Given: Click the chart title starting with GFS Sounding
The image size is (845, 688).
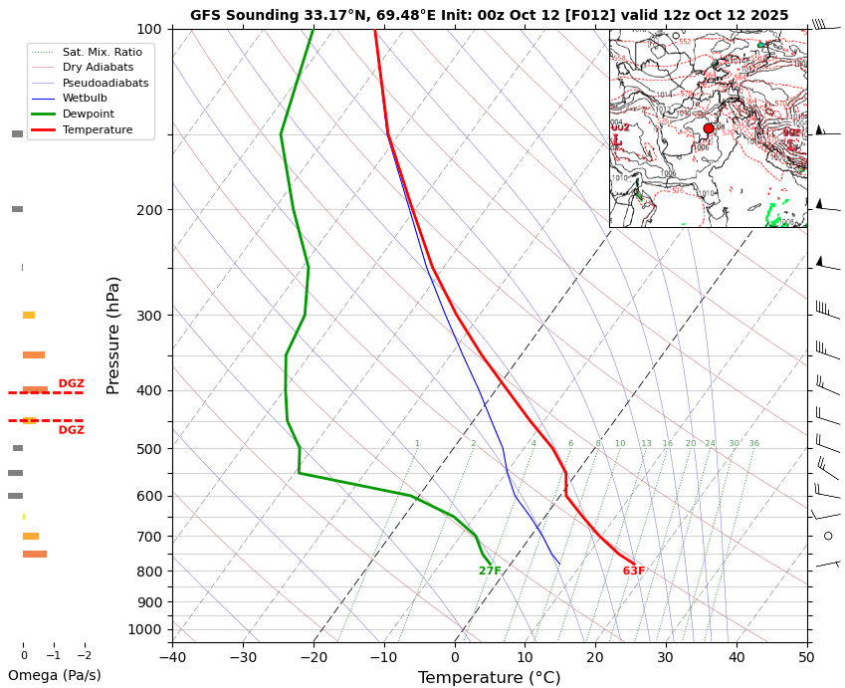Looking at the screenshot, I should pyautogui.click(x=489, y=15).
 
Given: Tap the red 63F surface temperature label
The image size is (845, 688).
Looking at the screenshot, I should pyautogui.click(x=634, y=572).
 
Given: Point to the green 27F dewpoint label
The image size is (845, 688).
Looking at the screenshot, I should pyautogui.click(x=490, y=572).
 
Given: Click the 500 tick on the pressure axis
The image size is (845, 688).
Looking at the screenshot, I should pyautogui.click(x=149, y=449).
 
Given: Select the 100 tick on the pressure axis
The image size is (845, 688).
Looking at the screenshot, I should pyautogui.click(x=149, y=29).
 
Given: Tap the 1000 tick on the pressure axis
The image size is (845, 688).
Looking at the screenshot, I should pyautogui.click(x=145, y=629).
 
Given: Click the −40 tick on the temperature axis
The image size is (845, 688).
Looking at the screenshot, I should pyautogui.click(x=172, y=657).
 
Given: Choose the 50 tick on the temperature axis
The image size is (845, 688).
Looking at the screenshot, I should pyautogui.click(x=807, y=657).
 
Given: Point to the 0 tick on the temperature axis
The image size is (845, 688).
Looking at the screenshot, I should pyautogui.click(x=455, y=657).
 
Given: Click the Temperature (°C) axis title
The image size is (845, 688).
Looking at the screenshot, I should pyautogui.click(x=489, y=678).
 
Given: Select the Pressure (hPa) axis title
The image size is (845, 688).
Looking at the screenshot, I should pyautogui.click(x=113, y=335).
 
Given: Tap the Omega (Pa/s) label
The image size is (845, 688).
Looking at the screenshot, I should pyautogui.click(x=55, y=675).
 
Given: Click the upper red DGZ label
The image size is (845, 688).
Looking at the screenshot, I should pyautogui.click(x=71, y=383).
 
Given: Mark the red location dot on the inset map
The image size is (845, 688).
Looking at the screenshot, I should pyautogui.click(x=709, y=128).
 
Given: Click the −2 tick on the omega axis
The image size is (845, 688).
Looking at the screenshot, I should pyautogui.click(x=84, y=656).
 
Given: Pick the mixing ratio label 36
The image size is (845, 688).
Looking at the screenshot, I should pyautogui.click(x=753, y=444).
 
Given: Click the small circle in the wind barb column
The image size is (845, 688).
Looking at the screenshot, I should pyautogui.click(x=828, y=536).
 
